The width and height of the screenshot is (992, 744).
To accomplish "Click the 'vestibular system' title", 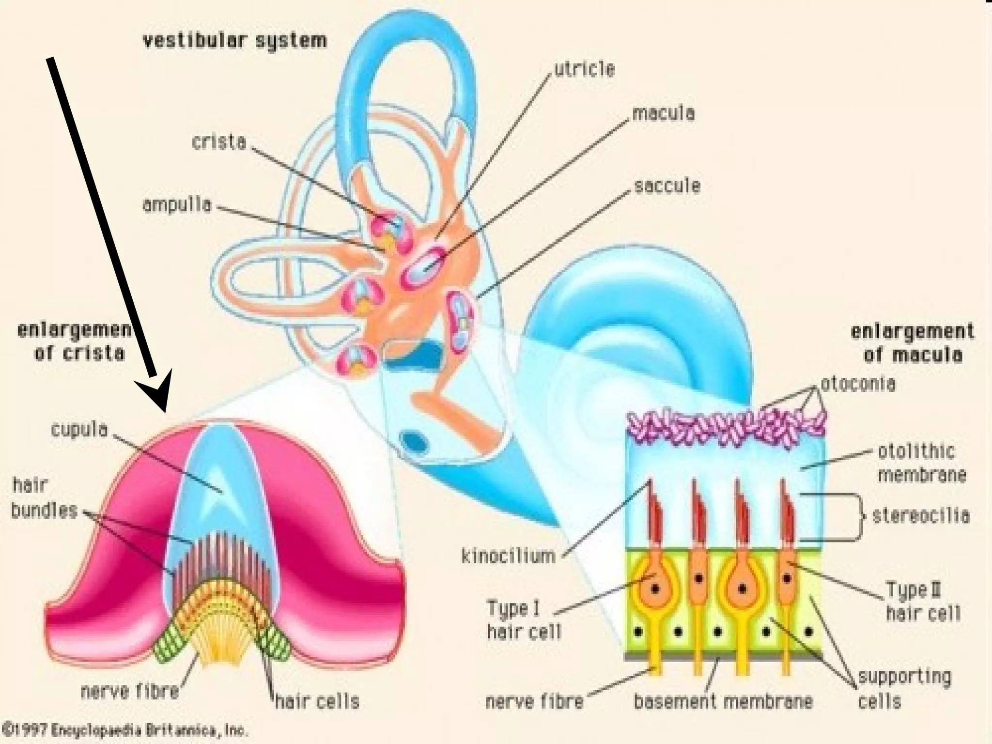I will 234,40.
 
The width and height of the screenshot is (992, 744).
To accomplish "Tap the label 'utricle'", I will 584,69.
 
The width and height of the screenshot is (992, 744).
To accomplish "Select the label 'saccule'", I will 667,186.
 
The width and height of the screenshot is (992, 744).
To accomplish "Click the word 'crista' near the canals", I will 219,142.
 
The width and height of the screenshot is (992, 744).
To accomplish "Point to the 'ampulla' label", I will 177,205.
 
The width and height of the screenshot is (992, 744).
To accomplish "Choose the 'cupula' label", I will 79,430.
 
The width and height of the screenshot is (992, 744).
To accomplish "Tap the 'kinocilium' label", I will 508,556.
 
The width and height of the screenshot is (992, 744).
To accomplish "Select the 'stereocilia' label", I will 921,515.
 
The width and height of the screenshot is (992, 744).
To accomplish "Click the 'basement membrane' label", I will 723,701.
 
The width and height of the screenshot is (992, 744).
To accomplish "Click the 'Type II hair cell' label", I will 923,602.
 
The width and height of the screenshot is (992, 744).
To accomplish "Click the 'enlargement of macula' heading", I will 912,344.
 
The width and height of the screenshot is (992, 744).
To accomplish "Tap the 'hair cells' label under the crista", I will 317,701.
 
